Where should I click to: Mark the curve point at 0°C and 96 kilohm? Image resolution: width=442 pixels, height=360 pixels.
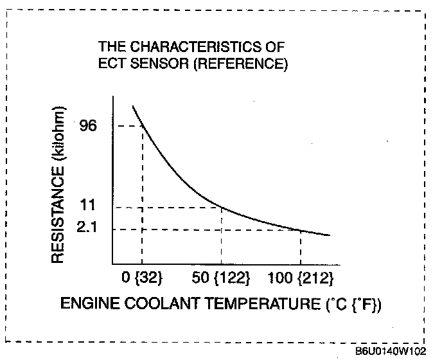142,125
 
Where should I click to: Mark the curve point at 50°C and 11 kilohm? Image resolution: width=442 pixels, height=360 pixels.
222,207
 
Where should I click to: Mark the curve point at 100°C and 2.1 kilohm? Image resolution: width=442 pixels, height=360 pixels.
301,229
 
